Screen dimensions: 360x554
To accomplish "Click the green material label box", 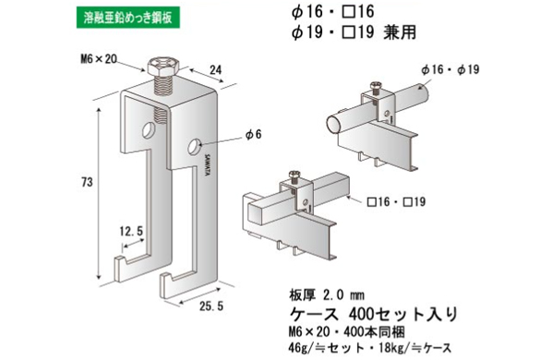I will pyautogui.click(x=118, y=16).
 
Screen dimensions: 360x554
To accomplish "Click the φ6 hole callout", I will pyautogui.click(x=253, y=136).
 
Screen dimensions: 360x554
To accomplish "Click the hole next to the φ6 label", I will pyautogui.click(x=196, y=145).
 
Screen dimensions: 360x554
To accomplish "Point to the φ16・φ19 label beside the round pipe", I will pyautogui.click(x=449, y=70).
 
